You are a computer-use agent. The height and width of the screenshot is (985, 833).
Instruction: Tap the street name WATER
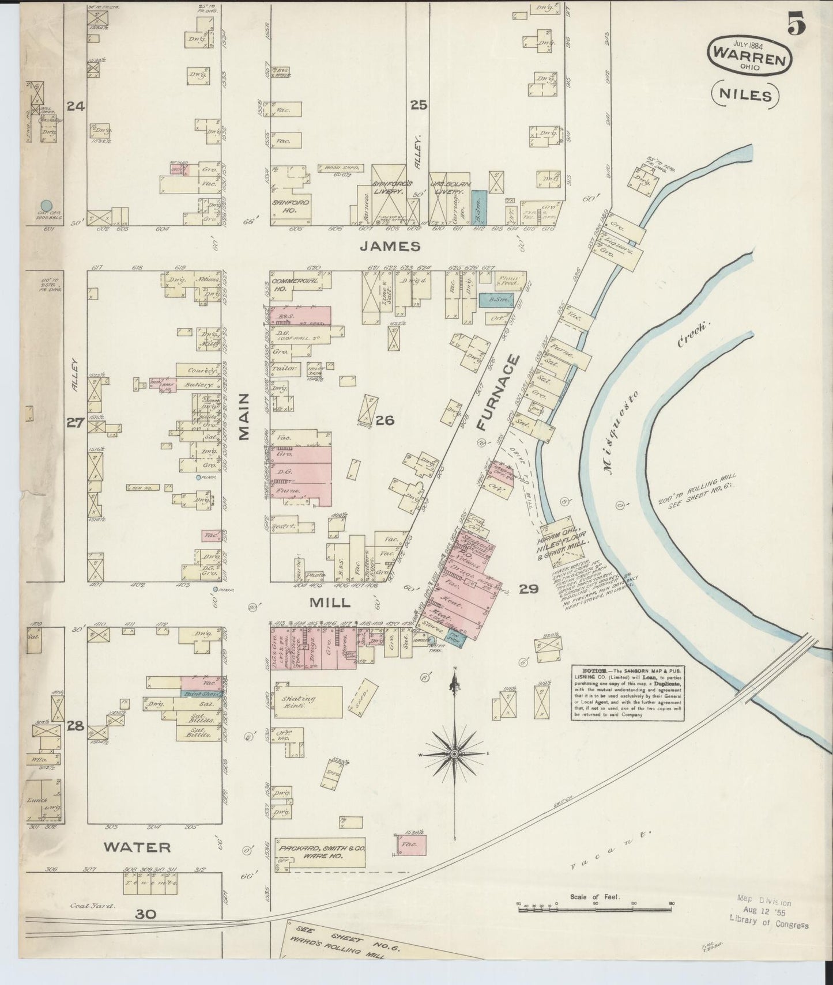[x=137, y=847]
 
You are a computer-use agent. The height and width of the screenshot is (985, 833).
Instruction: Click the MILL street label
[x=329, y=603]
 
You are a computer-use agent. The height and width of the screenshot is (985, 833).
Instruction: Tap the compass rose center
[x=454, y=753]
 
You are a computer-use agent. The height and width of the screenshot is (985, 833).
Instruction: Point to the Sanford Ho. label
[x=291, y=206]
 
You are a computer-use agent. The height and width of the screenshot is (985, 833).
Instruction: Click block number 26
[x=385, y=420]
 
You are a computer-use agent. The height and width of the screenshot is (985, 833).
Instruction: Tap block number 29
[x=528, y=589]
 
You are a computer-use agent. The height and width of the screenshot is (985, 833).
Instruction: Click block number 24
[x=76, y=106]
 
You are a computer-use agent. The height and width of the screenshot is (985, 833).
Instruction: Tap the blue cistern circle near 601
[x=46, y=204]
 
